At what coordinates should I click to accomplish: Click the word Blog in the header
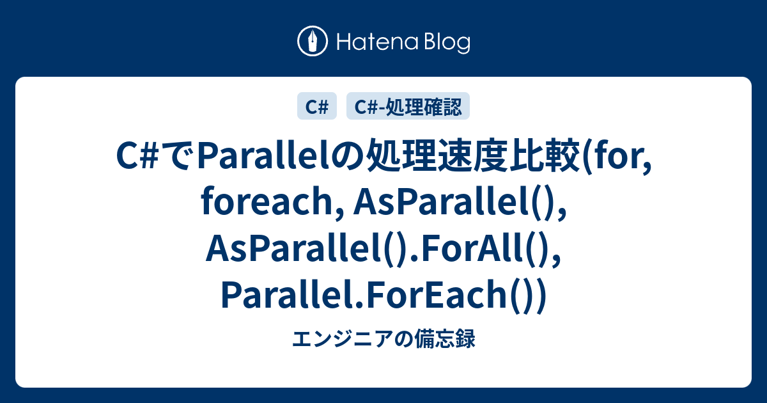445,43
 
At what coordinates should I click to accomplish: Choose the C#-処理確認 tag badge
408,107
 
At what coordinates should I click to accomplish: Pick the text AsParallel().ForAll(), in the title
384,250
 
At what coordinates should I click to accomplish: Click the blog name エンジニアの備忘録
383,340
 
